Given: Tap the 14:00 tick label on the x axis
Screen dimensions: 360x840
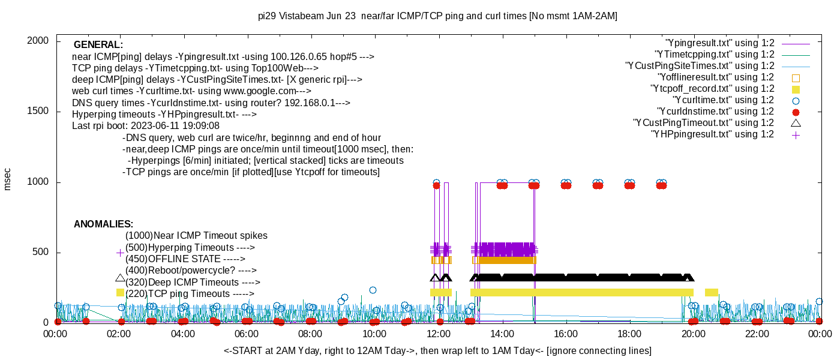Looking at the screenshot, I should (502, 334).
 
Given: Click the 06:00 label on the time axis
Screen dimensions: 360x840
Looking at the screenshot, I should (247, 334).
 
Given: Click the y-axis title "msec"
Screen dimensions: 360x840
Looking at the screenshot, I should (8, 179).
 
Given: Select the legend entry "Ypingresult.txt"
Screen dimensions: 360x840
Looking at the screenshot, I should (720, 43).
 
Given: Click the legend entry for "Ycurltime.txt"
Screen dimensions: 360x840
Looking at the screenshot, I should (723, 100).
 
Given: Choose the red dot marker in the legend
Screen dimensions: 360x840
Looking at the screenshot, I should (796, 112).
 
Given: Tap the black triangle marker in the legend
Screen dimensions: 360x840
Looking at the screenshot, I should (796, 123).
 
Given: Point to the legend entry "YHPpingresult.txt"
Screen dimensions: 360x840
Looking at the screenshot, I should (713, 134).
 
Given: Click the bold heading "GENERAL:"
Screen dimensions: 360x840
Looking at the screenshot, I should (98, 45).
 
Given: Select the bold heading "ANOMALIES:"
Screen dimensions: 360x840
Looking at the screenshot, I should (103, 224).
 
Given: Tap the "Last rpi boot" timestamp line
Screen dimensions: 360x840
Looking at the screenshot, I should (146, 127).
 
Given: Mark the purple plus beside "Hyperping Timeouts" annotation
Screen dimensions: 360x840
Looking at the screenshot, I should (120, 253).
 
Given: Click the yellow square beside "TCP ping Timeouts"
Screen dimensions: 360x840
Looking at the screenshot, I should (120, 292).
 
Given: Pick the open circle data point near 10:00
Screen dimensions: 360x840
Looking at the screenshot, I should (373, 290).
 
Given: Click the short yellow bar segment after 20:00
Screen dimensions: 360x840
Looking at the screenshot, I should (712, 292).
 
